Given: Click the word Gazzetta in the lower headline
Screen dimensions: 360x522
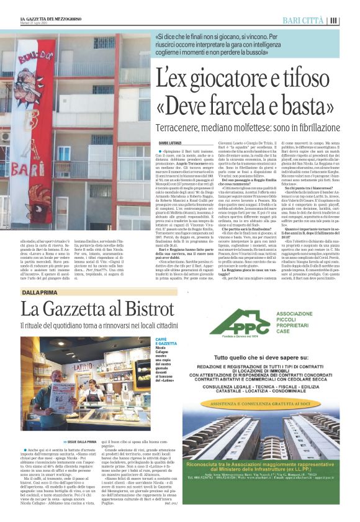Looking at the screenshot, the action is coord(80,309).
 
